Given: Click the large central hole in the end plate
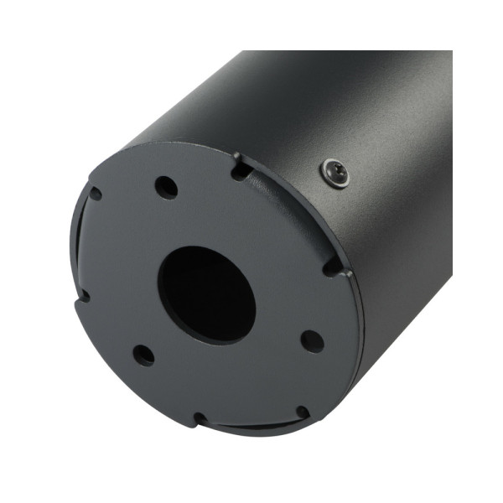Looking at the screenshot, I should [x=205, y=293].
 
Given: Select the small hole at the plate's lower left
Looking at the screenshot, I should [x=144, y=355].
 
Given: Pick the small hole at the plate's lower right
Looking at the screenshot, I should [x=312, y=341].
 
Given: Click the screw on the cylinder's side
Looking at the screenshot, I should [x=335, y=174].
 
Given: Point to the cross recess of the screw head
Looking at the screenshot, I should [x=335, y=174].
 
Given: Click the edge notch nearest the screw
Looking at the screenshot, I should [x=240, y=168].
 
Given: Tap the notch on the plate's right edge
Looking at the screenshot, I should [x=334, y=267].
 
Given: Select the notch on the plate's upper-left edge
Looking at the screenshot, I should [x=94, y=194].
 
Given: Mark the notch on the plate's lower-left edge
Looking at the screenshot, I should [x=83, y=295].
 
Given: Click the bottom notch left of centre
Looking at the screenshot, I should [x=200, y=417].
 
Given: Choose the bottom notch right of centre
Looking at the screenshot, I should [x=301, y=412].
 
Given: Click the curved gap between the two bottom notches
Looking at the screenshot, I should [x=251, y=426].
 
